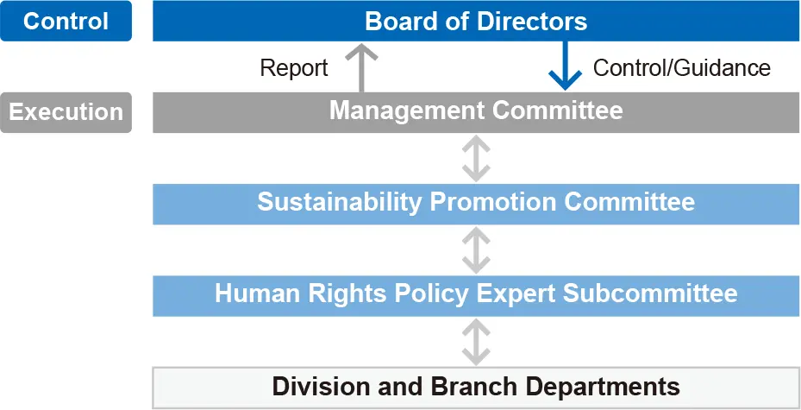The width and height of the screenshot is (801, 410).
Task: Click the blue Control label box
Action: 66,21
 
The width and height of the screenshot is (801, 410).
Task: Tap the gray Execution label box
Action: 66,112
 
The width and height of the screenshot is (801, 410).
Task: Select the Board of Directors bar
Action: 476,21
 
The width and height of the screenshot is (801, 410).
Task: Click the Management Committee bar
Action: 476,112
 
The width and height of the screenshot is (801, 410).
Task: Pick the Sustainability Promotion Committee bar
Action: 476,204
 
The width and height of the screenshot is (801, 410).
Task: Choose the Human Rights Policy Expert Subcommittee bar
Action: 476,294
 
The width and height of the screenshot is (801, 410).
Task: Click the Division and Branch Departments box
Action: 476,386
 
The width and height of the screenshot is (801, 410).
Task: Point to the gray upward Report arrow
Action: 361,68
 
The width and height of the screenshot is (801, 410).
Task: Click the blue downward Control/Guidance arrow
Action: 566,68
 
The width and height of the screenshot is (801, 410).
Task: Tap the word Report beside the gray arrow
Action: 294,68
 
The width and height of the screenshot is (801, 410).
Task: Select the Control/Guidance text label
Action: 681,68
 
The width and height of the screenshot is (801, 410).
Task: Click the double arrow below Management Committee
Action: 476,158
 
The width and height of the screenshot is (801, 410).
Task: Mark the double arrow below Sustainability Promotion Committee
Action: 476,249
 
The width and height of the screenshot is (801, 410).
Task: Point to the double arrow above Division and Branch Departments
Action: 476,340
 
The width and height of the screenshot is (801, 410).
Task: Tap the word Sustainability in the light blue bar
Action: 339,203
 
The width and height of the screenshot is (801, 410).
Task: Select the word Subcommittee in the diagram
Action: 650,294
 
